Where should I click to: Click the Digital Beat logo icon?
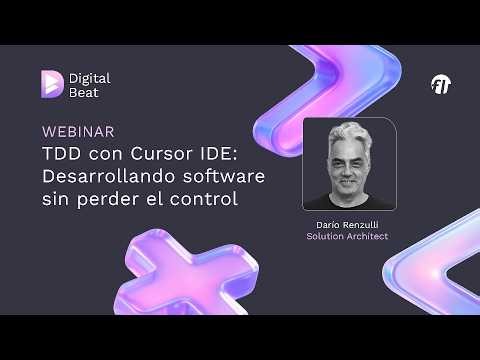[x=52, y=84]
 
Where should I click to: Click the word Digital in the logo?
[x=90, y=77]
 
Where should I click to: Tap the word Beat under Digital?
[x=84, y=92]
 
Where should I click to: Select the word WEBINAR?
[x=78, y=131]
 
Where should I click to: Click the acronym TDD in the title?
[x=61, y=154]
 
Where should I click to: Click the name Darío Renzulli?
[x=347, y=225]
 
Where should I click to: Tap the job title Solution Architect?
[x=347, y=237]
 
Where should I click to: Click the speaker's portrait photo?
[x=347, y=164]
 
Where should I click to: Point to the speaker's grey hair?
[x=347, y=132]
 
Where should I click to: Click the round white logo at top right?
[x=441, y=84]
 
